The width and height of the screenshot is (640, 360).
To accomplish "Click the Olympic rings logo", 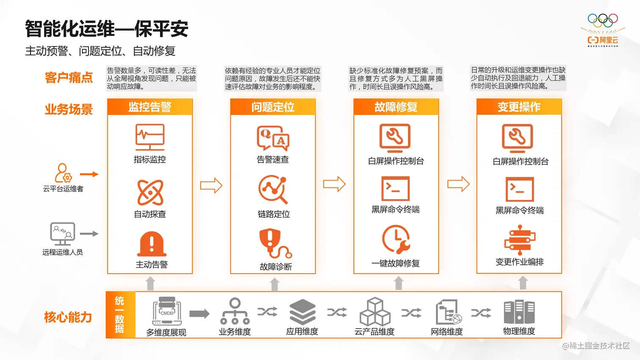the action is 603,21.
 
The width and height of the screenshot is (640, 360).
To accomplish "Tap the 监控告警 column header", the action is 150,107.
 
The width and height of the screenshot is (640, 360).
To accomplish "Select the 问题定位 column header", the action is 273,107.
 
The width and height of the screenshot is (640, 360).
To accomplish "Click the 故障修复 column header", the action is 396,107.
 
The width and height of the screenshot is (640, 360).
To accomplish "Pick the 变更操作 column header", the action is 519,107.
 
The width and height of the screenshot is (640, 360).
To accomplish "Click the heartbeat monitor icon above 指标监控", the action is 150,137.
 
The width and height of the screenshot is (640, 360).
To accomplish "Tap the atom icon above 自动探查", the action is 150,192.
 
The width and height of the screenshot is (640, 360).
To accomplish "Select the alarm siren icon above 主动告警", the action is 152,244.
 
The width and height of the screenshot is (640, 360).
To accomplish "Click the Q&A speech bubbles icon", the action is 273,138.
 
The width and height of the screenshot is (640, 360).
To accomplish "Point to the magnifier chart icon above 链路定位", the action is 273,190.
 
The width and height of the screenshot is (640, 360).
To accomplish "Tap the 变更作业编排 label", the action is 519,262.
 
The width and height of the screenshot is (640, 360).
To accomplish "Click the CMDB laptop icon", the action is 167,311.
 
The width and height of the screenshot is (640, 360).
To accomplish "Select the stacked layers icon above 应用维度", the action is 302,312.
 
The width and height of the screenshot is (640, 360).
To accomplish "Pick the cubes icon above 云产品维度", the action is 375,311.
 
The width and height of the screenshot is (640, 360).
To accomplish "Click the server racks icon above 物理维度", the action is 519,312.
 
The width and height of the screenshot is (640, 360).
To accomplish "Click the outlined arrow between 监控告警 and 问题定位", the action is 211,185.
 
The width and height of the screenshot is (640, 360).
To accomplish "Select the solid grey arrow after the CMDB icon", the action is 199,313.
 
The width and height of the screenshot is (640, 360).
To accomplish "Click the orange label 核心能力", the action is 68,317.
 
